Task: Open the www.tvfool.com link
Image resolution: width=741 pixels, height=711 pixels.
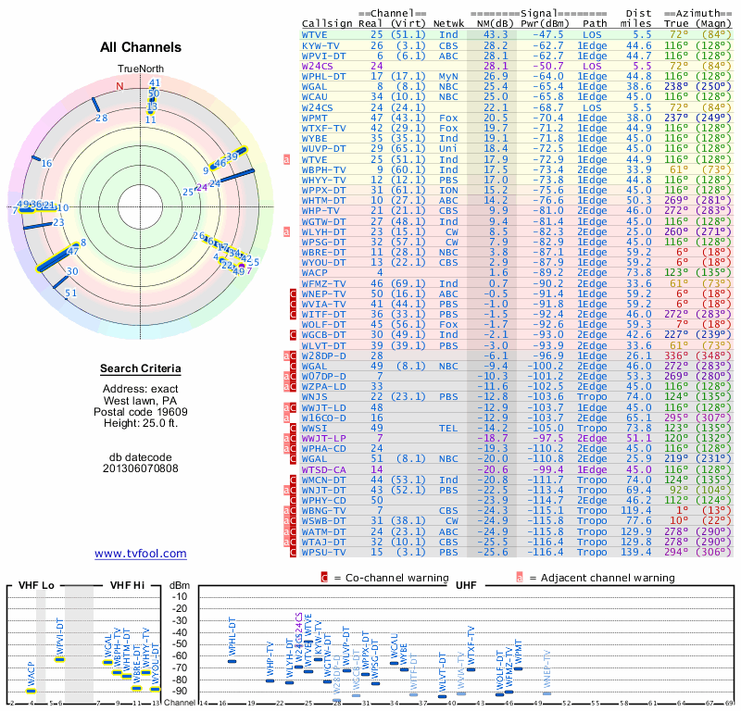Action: tap(141, 554)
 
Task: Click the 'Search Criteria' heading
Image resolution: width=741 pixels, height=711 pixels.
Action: tap(141, 369)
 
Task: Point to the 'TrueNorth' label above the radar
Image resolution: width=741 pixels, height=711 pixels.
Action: tap(141, 69)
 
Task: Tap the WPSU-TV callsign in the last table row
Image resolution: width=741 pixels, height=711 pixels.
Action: tap(325, 552)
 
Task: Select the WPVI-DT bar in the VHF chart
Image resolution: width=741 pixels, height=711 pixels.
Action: tap(59, 658)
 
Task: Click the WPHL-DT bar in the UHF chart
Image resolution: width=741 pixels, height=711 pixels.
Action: tap(232, 661)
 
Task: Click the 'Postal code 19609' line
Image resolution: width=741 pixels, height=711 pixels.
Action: tap(141, 412)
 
